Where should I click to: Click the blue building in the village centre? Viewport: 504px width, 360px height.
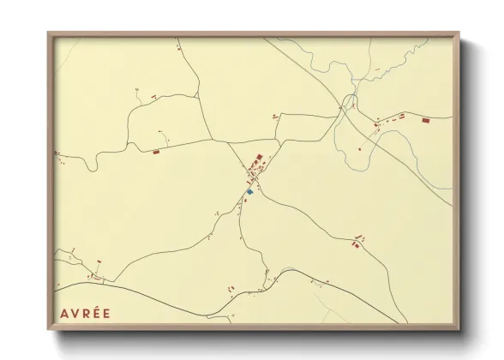pos(249,192)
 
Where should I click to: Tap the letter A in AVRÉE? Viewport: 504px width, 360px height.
pos(64,313)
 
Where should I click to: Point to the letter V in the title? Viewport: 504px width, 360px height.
pos(75,313)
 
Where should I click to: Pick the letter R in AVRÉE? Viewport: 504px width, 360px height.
pos(84,313)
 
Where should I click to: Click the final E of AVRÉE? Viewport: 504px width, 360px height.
pos(105,313)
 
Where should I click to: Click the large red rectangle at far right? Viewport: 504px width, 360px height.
pos(425,122)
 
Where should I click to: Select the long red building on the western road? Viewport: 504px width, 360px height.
pos(156,153)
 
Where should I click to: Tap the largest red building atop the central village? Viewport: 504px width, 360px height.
pos(259,158)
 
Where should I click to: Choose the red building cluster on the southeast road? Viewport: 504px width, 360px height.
pos(356,244)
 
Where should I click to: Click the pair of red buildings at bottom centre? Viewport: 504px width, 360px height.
pos(231,290)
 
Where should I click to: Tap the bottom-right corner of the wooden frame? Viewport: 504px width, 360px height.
pos(459,329)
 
